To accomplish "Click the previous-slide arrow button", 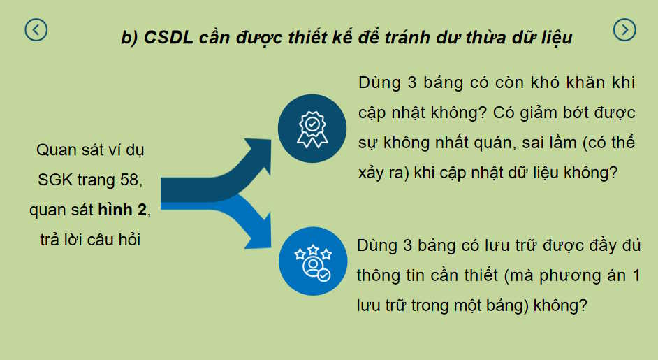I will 36,29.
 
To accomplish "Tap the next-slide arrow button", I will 624,29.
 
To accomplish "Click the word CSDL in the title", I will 166,38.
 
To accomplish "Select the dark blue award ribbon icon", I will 312,128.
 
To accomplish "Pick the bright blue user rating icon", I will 312,261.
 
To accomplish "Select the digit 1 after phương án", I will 635,275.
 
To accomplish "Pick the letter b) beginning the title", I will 129,38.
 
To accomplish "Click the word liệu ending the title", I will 554,38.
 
